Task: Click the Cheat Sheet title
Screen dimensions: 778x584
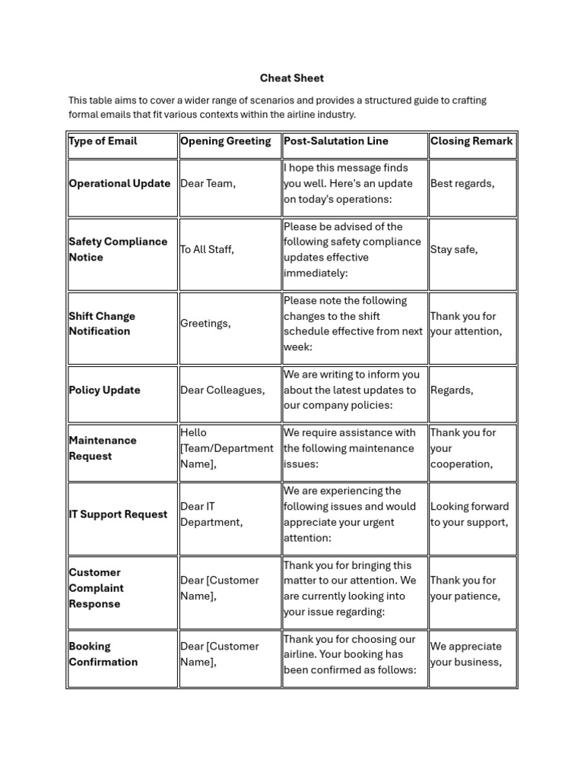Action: pyautogui.click(x=291, y=77)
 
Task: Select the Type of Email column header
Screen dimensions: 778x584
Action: pyautogui.click(x=103, y=141)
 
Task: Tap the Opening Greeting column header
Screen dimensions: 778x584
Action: pyautogui.click(x=225, y=141)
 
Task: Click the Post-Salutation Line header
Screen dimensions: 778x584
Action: pyautogui.click(x=335, y=141)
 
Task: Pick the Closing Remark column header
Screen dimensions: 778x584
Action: pyautogui.click(x=471, y=141)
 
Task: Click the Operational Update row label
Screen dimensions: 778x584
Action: pyautogui.click(x=119, y=183)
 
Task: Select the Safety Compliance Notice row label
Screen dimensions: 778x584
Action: pyautogui.click(x=118, y=249)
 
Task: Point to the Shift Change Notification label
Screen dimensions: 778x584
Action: pyautogui.click(x=102, y=324)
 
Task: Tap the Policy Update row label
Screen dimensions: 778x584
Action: pyautogui.click(x=105, y=390)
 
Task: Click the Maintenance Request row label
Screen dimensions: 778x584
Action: pyautogui.click(x=103, y=448)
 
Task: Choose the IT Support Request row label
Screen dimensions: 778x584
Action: pyautogui.click(x=118, y=514)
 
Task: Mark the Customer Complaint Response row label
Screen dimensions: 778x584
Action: pyautogui.click(x=96, y=588)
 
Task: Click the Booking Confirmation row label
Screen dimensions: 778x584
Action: pyautogui.click(x=103, y=654)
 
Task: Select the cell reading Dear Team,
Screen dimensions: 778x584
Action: pyautogui.click(x=208, y=183)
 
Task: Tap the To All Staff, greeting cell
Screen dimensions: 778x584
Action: pyautogui.click(x=207, y=249)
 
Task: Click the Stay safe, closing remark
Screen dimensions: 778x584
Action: pyautogui.click(x=454, y=249)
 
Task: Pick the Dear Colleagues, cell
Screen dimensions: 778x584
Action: pyautogui.click(x=222, y=390)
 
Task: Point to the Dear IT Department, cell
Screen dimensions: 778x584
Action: pyautogui.click(x=211, y=514)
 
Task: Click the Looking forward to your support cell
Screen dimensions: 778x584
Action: pyautogui.click(x=469, y=514)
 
